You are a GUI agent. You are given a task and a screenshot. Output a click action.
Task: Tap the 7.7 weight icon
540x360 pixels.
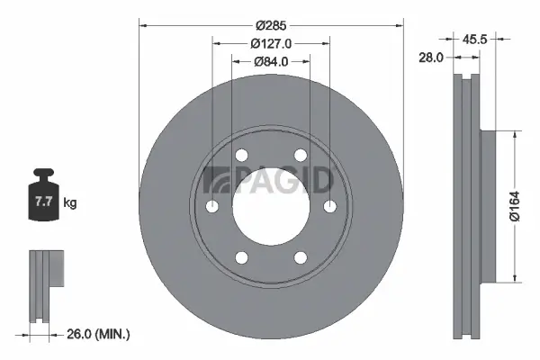pyautogui.click(x=43, y=201)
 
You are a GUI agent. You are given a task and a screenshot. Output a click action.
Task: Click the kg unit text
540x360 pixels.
pyautogui.click(x=70, y=203)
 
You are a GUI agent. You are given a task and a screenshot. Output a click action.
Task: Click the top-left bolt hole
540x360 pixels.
pyautogui.click(x=241, y=157)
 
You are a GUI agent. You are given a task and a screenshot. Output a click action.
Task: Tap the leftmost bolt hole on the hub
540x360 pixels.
pyautogui.click(x=212, y=207)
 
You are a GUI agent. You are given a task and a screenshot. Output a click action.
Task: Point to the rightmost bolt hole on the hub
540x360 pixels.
pyautogui.click(x=328, y=207)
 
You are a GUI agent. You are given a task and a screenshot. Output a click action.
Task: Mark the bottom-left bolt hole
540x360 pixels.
pyautogui.click(x=241, y=258)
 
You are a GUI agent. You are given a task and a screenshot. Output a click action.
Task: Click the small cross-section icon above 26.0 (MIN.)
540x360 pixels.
pyautogui.click(x=47, y=283)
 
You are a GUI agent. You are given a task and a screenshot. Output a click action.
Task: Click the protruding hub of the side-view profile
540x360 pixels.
pyautogui.click(x=487, y=206)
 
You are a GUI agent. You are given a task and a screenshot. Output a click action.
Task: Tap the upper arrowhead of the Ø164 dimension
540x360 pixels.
pyautogui.click(x=514, y=133)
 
